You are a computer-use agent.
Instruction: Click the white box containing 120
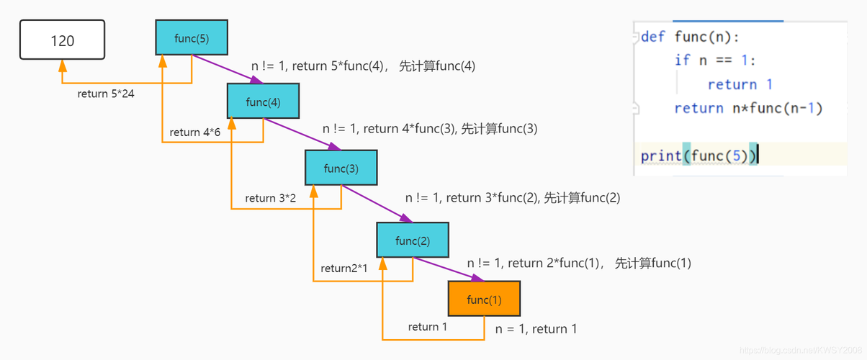(x=62, y=40)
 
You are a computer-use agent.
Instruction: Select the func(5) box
(x=192, y=37)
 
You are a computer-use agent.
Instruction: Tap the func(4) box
(x=263, y=102)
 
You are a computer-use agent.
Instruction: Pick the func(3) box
(x=341, y=168)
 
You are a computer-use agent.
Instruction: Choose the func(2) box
(x=413, y=240)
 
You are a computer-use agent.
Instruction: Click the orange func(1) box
(x=484, y=299)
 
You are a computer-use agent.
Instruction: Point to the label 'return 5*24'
(x=106, y=94)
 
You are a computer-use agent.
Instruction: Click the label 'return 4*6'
(x=195, y=132)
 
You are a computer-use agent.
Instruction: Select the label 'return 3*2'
(x=270, y=198)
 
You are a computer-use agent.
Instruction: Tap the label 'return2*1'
(x=344, y=269)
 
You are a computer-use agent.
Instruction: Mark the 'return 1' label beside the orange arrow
(x=428, y=327)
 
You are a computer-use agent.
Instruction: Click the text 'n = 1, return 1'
(x=536, y=329)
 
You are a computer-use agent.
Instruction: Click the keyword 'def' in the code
(x=653, y=37)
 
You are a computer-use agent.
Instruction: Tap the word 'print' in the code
(x=661, y=156)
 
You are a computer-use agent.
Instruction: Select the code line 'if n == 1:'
(x=715, y=60)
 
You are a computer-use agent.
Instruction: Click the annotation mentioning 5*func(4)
(x=363, y=66)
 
